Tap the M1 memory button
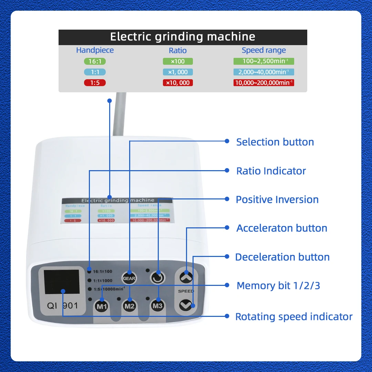coord(102,306)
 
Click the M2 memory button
coord(130,306)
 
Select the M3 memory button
coord(158,306)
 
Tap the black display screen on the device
coord(62,284)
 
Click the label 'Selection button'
coord(275,142)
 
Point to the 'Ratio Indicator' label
coord(271,171)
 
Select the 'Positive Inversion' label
coord(277,199)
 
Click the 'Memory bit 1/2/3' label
coord(278,286)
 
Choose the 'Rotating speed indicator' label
coord(294,317)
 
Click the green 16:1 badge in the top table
coord(95,61)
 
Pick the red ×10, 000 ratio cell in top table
coord(178,83)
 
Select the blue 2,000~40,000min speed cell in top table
coord(264,72)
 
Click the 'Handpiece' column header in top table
coord(95,50)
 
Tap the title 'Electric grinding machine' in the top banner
coord(183,37)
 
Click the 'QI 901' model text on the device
coord(62,306)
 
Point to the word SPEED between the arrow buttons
coord(186,291)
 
